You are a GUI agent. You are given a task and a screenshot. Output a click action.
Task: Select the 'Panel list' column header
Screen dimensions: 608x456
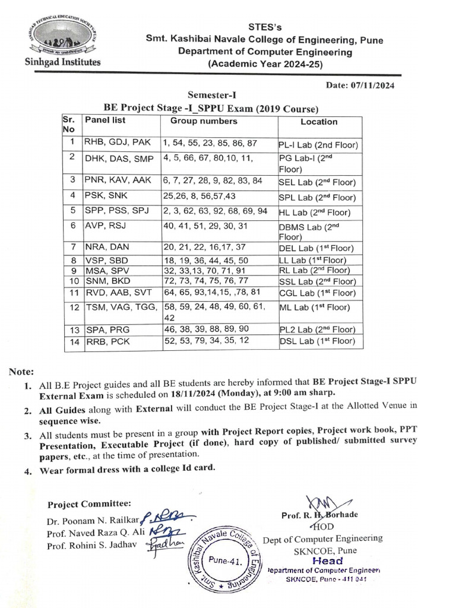pyautogui.click(x=105, y=121)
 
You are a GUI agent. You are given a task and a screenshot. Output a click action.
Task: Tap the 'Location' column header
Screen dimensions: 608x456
pyautogui.click(x=319, y=122)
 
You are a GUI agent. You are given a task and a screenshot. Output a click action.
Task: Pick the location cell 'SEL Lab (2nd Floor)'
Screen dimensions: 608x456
pyautogui.click(x=316, y=182)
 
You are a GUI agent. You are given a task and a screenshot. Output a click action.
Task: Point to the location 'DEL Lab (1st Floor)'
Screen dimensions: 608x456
pyautogui.click(x=316, y=248)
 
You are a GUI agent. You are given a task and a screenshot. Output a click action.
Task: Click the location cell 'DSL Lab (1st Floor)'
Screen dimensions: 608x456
pyautogui.click(x=316, y=341)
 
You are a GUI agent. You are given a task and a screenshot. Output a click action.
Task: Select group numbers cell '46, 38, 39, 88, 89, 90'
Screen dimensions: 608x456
pyautogui.click(x=206, y=329)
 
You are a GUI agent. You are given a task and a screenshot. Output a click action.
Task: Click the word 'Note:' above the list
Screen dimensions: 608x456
pyautogui.click(x=22, y=372)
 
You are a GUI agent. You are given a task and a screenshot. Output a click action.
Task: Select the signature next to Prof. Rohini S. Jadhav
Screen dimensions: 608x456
pyautogui.click(x=158, y=545)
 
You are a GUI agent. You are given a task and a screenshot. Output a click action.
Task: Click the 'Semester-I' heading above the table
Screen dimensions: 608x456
pyautogui.click(x=211, y=95)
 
